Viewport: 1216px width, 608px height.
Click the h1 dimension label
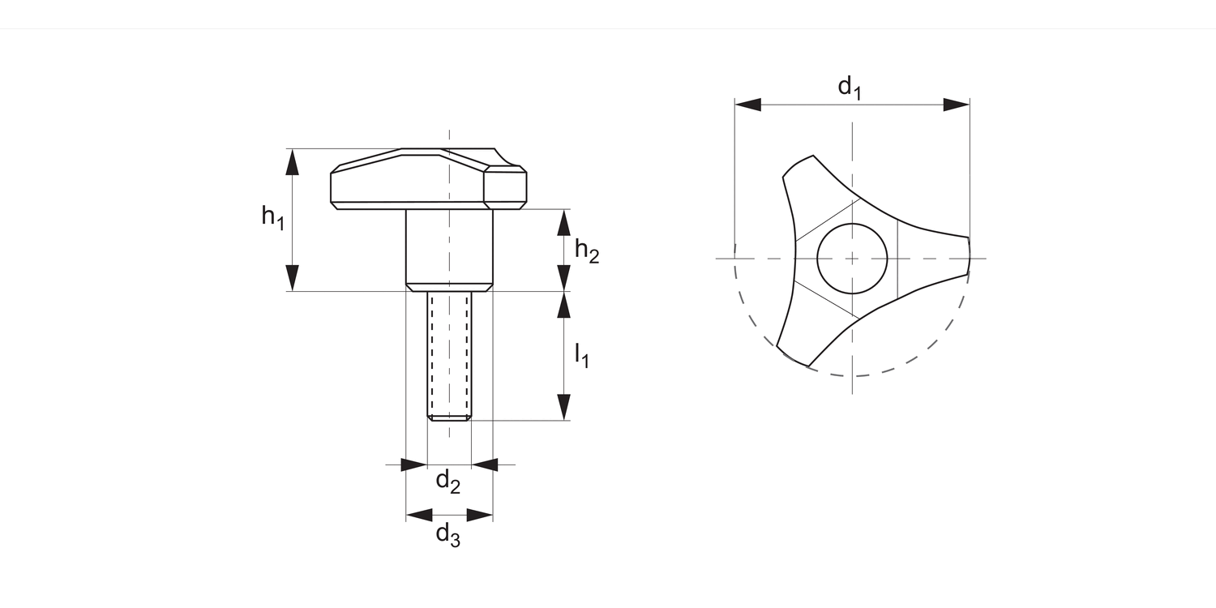click(x=273, y=217)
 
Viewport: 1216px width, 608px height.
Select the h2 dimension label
click(x=587, y=251)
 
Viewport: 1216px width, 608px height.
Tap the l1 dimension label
click(x=582, y=355)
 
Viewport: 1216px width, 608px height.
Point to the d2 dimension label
click(x=448, y=482)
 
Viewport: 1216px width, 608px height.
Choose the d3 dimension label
click(x=448, y=534)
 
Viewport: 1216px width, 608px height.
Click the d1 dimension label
click(x=850, y=87)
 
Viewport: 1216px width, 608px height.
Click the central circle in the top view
click(x=852, y=259)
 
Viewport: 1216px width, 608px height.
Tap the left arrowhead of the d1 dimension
click(x=747, y=105)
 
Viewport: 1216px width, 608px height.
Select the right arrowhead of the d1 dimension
click(x=957, y=105)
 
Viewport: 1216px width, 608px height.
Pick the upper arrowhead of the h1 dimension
click(x=293, y=162)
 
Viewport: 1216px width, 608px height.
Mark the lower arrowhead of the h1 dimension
click(x=293, y=278)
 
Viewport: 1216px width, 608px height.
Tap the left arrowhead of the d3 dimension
click(x=419, y=515)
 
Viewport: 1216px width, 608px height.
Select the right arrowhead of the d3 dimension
click(x=480, y=515)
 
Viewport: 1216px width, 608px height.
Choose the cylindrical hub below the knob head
click(x=449, y=247)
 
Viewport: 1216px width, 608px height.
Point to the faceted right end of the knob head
click(x=505, y=186)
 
